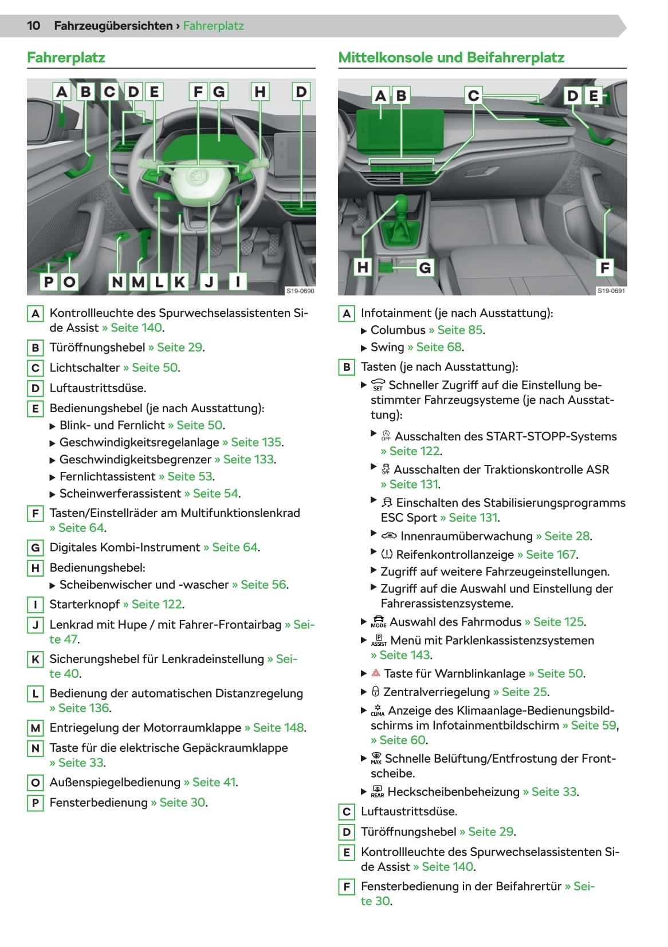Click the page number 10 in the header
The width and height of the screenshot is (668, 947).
(x=33, y=26)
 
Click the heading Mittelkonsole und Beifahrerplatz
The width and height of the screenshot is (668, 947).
(x=451, y=57)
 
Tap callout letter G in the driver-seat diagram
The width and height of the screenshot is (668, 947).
(x=219, y=92)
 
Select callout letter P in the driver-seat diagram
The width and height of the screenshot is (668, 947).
(x=49, y=281)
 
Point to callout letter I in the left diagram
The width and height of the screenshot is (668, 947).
(x=238, y=281)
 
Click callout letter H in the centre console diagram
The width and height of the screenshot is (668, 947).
(x=363, y=267)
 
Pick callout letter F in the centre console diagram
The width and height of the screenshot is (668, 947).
(x=604, y=267)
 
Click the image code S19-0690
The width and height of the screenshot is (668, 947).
(x=300, y=291)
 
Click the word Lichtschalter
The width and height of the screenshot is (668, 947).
(x=85, y=368)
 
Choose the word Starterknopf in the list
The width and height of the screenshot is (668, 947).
(x=85, y=604)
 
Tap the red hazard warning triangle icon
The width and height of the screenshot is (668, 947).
(x=376, y=673)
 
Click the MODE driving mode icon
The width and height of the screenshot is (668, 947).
(x=379, y=622)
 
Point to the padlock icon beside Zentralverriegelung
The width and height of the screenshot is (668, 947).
(x=375, y=691)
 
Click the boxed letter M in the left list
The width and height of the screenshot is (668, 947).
(x=35, y=728)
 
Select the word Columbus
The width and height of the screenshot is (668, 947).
(x=398, y=330)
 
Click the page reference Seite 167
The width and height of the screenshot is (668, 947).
(x=551, y=554)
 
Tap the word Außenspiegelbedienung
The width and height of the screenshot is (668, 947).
(x=115, y=782)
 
